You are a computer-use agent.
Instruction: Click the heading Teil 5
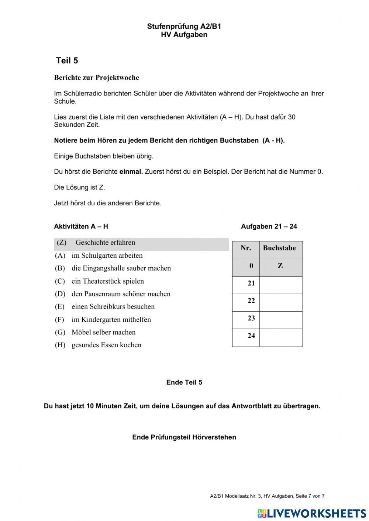pyautogui.click(x=67, y=61)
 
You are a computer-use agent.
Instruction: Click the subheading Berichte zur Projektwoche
pyautogui.click(x=96, y=78)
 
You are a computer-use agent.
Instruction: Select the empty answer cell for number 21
pyautogui.click(x=281, y=285)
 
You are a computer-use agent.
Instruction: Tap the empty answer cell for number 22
pyautogui.click(x=281, y=303)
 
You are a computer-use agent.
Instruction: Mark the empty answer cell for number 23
pyautogui.click(x=281, y=320)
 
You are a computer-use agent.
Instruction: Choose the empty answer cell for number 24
pyautogui.click(x=281, y=338)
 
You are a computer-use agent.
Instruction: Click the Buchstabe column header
pyautogui.click(x=279, y=248)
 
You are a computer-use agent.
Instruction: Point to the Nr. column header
pyautogui.click(x=246, y=248)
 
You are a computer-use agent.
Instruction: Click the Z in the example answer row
pyautogui.click(x=280, y=266)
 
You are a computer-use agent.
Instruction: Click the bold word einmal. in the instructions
pyautogui.click(x=131, y=172)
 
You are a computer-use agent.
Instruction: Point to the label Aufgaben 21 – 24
pyautogui.click(x=269, y=226)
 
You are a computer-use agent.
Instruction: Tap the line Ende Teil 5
pyautogui.click(x=184, y=382)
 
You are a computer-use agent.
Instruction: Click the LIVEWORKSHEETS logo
pyautogui.click(x=312, y=513)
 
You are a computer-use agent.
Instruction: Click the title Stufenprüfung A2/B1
pyautogui.click(x=184, y=27)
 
